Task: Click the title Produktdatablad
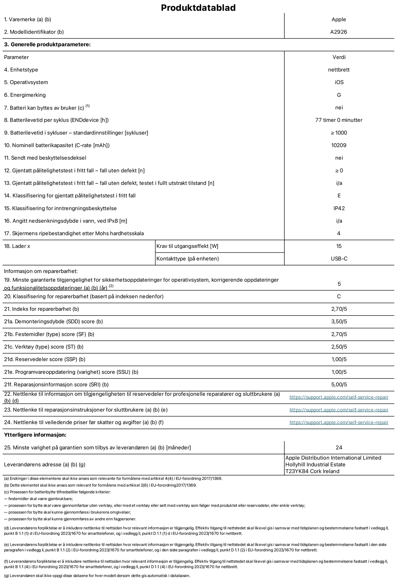pos(198,8)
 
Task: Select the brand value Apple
pos(339,19)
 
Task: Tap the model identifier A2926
pos(339,32)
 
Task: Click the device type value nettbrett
pos(339,70)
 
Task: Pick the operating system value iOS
pos(339,82)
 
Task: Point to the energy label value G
pos(339,95)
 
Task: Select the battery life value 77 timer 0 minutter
pos(339,120)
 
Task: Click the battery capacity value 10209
pos(339,145)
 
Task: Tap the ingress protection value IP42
pos(339,208)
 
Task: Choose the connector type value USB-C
pos(339,259)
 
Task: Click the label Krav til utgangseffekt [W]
pos(187,246)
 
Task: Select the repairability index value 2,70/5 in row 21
pos(339,309)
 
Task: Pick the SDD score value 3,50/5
pos(339,322)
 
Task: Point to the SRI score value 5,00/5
pos(339,385)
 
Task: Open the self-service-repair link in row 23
pos(339,410)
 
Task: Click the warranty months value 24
pos(339,447)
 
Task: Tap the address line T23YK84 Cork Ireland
pos(312,471)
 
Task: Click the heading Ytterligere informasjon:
pos(35,435)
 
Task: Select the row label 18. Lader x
pos(17,246)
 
